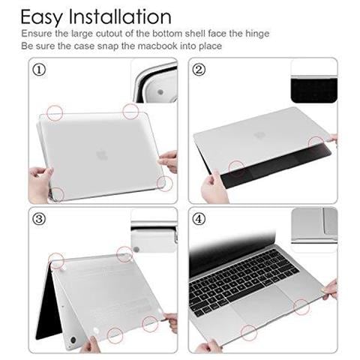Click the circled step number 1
click(40, 69)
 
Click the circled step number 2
click(199, 69)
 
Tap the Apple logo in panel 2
click(260, 135)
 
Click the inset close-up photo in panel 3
click(154, 230)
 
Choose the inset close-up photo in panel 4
click(313, 225)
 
